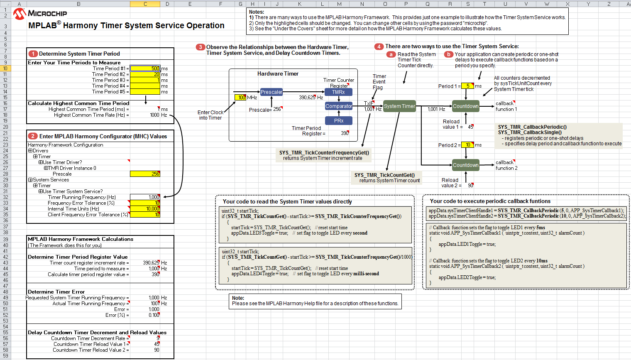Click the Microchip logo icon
click(x=19, y=14)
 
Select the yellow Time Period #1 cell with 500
click(x=145, y=69)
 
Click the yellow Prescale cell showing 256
click(x=145, y=174)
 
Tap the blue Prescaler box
click(x=271, y=92)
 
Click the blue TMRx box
click(x=338, y=92)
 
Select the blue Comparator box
click(x=339, y=106)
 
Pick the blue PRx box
click(x=339, y=120)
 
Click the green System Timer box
click(x=399, y=106)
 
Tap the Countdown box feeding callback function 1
click(x=465, y=106)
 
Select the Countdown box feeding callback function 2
click(x=465, y=165)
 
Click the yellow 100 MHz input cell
click(x=240, y=98)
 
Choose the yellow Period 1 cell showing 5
click(x=467, y=86)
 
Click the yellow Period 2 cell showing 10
click(x=467, y=145)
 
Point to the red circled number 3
click(x=200, y=47)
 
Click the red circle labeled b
click(x=448, y=54)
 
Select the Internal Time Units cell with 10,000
click(x=145, y=209)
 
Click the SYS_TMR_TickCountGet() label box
click(x=386, y=178)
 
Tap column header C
click(x=145, y=4)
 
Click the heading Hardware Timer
click(x=278, y=74)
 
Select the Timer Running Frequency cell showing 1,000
click(x=145, y=197)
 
